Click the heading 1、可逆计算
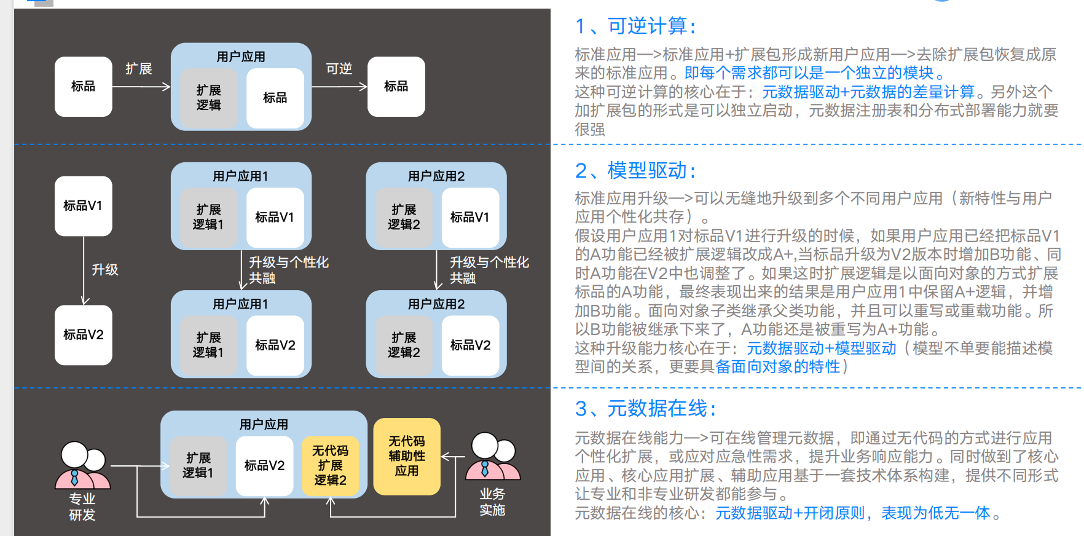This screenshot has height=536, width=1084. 635,26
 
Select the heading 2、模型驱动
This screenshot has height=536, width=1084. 635,170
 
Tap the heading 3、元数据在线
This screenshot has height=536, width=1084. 645,408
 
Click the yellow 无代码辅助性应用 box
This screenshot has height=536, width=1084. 406,456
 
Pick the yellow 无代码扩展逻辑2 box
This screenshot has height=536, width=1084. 330,465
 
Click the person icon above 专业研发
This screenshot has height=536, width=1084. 82,465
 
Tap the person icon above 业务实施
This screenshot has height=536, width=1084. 492,457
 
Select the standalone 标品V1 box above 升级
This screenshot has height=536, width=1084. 83,206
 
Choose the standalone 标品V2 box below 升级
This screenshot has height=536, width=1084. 83,335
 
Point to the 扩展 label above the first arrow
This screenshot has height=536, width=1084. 138,69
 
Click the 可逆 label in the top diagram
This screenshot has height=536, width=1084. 339,69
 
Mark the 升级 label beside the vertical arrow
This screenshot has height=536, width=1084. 104,270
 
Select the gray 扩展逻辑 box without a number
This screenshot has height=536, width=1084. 208,98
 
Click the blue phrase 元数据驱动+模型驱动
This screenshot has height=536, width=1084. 822,349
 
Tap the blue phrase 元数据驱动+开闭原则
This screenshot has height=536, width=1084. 790,513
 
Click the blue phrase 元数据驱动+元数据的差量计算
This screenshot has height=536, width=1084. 868,92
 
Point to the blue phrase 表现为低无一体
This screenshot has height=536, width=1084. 935,513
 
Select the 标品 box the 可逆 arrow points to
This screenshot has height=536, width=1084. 396,87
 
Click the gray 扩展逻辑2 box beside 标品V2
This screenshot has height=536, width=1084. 404,345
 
